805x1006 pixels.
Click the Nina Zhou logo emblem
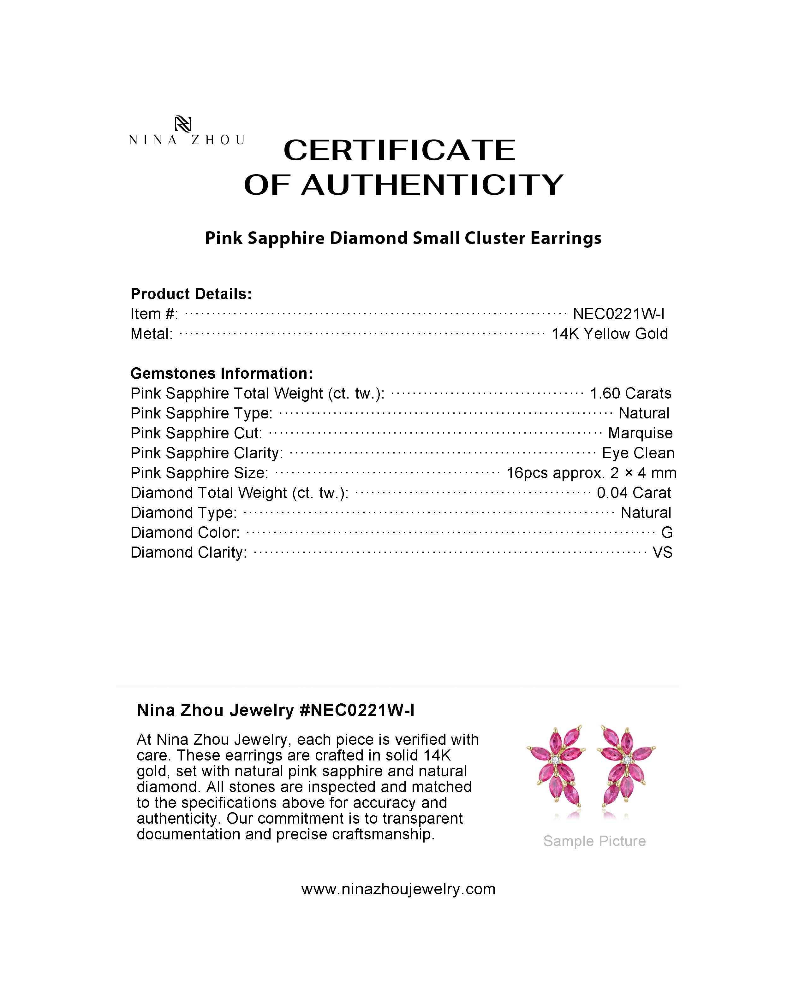(x=183, y=124)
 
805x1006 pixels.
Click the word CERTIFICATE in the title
(x=399, y=150)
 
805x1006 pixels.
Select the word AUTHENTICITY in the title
(x=432, y=185)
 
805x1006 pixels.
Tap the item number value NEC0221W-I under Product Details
(x=619, y=314)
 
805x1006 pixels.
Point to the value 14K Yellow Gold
(x=610, y=334)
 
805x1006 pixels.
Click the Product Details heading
(x=191, y=294)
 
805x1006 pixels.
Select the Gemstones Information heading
(x=222, y=373)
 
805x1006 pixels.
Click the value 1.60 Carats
(x=630, y=394)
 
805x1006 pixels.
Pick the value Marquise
(x=640, y=433)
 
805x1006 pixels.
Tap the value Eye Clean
(x=638, y=453)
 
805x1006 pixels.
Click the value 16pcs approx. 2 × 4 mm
(x=591, y=473)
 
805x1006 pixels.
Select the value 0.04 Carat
(x=634, y=493)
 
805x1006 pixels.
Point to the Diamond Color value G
(x=667, y=532)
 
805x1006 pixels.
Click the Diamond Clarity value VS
(x=662, y=553)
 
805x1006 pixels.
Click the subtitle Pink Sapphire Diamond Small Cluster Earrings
(x=403, y=238)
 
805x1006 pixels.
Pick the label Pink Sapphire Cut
(x=196, y=433)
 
